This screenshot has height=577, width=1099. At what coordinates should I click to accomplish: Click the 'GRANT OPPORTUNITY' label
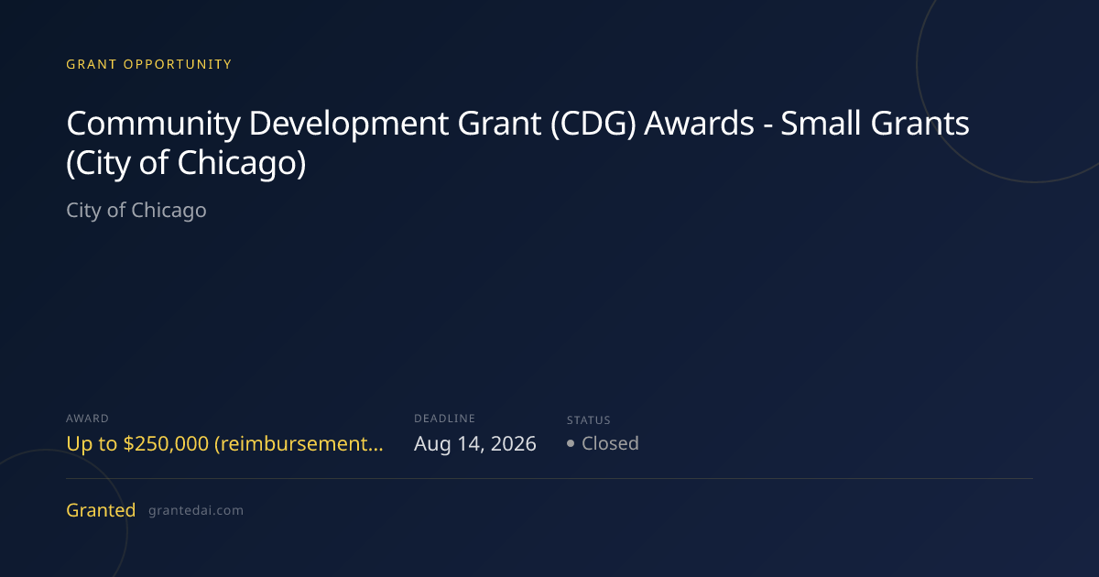(x=148, y=64)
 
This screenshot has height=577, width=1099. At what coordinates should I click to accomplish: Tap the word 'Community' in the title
(x=154, y=124)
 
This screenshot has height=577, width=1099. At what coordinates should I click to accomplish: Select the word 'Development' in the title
(x=348, y=124)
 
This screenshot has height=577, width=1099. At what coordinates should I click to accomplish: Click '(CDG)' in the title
(x=593, y=123)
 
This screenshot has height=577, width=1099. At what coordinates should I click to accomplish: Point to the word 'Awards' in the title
(x=699, y=123)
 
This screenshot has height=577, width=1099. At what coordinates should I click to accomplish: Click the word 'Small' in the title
(x=821, y=123)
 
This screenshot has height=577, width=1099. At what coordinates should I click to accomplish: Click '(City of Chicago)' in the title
(x=186, y=163)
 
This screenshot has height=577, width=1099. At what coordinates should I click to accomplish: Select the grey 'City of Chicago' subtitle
(x=136, y=211)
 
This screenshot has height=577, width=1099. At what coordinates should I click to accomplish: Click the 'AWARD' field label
(x=87, y=419)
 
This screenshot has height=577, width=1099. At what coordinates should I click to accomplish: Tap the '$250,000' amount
(x=166, y=443)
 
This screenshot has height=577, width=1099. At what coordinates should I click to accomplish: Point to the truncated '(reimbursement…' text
(x=299, y=444)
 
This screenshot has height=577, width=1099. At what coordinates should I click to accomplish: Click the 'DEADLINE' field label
(x=444, y=419)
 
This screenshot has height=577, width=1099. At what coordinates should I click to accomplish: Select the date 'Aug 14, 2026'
(x=475, y=444)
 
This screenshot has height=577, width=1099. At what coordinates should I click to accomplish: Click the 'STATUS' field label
(x=589, y=420)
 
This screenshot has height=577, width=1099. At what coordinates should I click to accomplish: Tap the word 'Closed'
(x=610, y=443)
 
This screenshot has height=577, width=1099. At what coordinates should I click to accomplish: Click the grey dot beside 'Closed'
(x=570, y=443)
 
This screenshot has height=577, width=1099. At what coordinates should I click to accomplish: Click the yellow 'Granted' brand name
(x=101, y=510)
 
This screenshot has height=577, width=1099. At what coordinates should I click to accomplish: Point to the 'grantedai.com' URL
(x=196, y=511)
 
